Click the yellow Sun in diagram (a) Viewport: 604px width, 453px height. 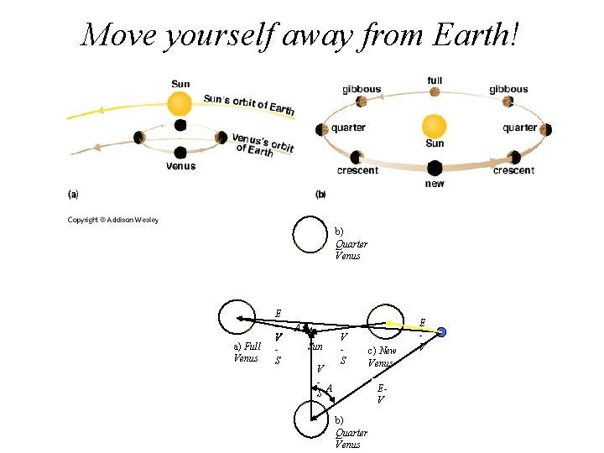pos(180,104)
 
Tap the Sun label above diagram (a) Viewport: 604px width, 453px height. pos(180,83)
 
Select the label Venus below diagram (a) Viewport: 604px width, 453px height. pos(180,166)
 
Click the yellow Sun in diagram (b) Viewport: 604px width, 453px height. pos(434,126)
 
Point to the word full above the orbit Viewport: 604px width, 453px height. pos(435,81)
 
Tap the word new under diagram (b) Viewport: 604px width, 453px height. pos(435,184)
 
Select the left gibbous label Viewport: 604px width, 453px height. pos(362,89)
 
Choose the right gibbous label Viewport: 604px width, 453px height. pos(509,89)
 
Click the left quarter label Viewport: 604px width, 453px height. pos(347,128)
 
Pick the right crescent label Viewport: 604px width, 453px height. pos(513,170)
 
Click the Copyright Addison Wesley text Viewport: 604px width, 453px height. pos(113,221)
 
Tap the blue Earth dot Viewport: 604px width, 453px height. pos(442,333)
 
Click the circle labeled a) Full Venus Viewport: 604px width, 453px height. pos(236,317)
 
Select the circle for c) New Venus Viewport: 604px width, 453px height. pos(383,322)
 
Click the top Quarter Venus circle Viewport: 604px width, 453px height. pos(310,234)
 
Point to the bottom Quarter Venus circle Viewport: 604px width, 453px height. pos(311,418)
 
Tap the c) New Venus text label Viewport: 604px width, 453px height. pos(380,357)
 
